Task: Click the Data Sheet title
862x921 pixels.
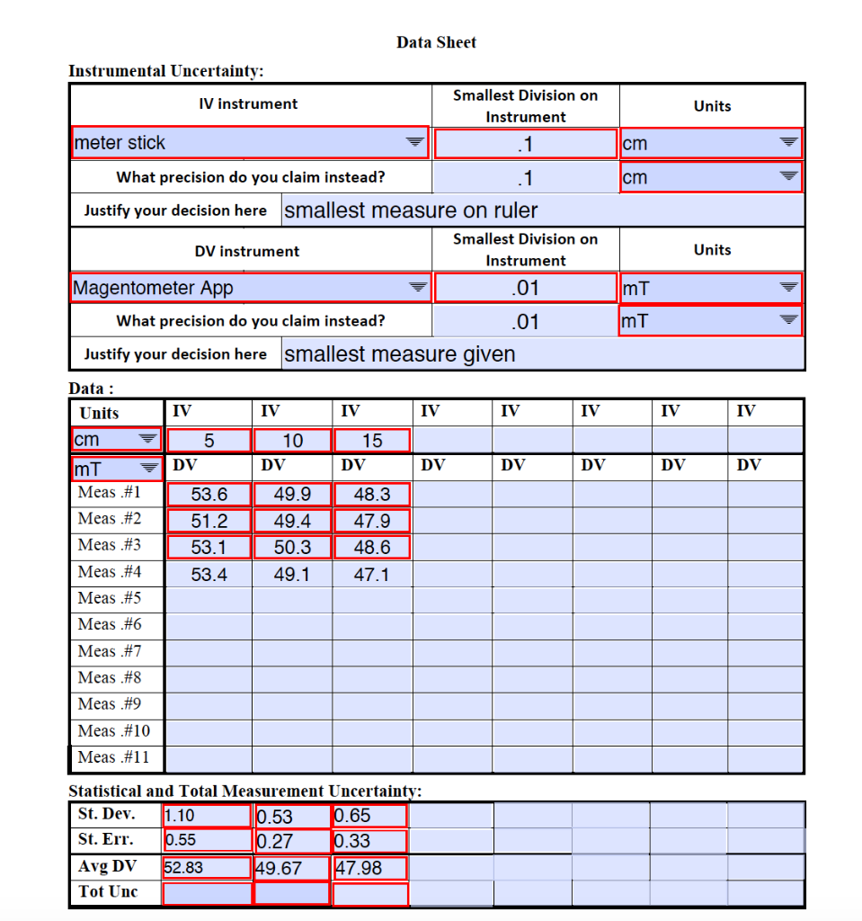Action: (436, 42)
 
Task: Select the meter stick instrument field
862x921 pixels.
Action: (250, 143)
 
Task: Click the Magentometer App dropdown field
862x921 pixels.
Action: (251, 288)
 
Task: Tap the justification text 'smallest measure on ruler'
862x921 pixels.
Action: (411, 210)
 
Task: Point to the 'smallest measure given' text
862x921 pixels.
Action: (400, 354)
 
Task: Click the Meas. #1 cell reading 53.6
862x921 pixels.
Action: (209, 494)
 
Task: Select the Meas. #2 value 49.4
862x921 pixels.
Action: (292, 521)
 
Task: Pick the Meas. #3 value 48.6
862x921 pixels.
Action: (371, 547)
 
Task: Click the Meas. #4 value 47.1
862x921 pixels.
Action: (371, 574)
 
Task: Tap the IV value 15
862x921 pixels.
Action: (371, 441)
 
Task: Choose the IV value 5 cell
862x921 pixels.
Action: (209, 441)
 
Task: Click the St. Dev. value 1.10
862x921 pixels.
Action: (207, 816)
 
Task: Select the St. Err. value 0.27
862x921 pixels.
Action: (292, 842)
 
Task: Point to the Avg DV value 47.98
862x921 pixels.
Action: (370, 868)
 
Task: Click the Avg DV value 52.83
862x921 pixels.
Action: (207, 868)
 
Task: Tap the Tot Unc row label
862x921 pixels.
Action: (106, 893)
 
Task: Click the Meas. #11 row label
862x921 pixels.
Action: (114, 757)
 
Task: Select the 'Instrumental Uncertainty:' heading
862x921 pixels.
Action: (166, 70)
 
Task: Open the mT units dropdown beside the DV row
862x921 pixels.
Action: (116, 468)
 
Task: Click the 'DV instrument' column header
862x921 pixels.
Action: (247, 251)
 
